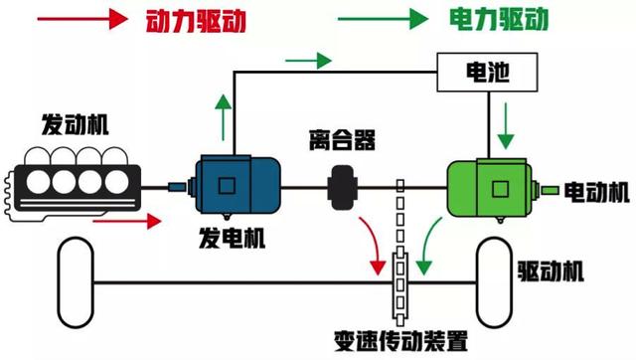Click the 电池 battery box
[x=488, y=73]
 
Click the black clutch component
[x=345, y=186]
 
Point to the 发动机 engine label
[x=76, y=125]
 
